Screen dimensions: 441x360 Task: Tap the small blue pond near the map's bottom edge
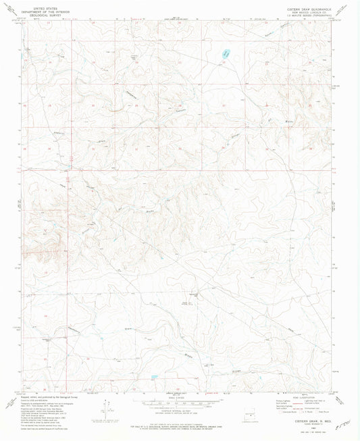point(155,378)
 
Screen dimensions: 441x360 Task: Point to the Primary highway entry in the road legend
point(286,401)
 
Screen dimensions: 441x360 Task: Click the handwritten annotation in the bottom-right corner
point(342,425)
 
